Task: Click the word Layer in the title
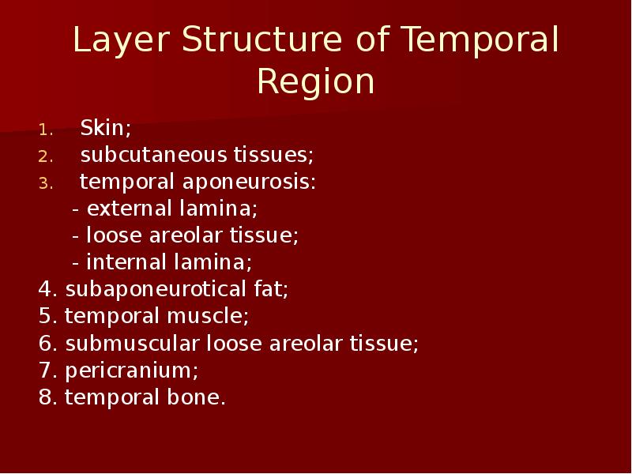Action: pos(122,41)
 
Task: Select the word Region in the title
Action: pos(315,83)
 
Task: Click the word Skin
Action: pos(106,128)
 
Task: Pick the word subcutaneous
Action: pos(154,155)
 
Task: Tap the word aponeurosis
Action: pos(249,182)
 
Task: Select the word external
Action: pos(130,209)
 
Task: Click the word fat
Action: pos(271,289)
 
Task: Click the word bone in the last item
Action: pos(196,397)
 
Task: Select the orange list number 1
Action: pos(46,130)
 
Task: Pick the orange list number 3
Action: pos(46,184)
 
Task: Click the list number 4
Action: pos(48,289)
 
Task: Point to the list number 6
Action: pos(48,344)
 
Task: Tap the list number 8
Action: pos(48,397)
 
